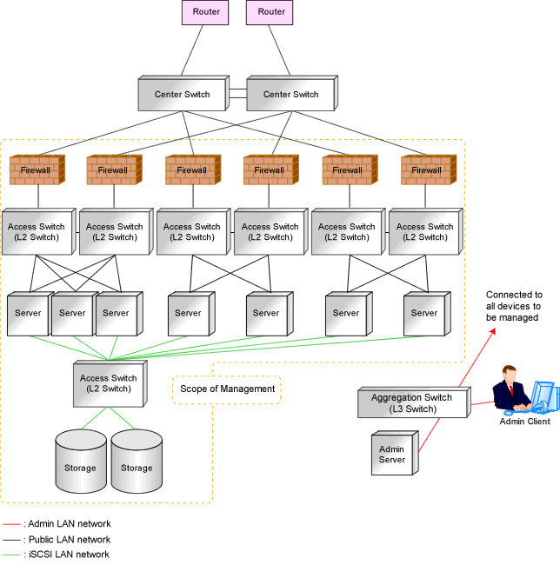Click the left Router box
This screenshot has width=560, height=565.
(x=205, y=12)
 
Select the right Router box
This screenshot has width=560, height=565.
(x=270, y=12)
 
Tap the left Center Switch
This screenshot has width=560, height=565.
(x=183, y=93)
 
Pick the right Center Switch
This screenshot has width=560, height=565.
(x=292, y=93)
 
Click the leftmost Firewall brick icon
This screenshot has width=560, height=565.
(x=37, y=169)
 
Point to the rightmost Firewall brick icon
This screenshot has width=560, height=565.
(x=429, y=169)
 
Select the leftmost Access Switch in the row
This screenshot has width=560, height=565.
(x=39, y=231)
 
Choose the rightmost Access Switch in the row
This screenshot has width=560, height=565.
(x=426, y=231)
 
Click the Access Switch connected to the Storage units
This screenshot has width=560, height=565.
(x=110, y=383)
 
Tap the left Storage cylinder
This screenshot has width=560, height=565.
(x=81, y=461)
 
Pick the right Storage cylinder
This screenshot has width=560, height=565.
(x=137, y=461)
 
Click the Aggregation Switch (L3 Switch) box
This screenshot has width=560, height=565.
(x=415, y=402)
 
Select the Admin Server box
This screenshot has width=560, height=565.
(x=395, y=453)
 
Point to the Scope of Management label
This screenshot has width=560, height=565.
(x=227, y=389)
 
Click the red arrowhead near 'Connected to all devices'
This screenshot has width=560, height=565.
(x=493, y=331)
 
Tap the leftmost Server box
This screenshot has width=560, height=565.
(x=30, y=314)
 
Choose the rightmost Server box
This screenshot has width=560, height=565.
(x=427, y=314)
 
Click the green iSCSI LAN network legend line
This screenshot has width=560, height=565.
(x=11, y=555)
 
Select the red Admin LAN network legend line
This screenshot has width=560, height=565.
(x=11, y=524)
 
